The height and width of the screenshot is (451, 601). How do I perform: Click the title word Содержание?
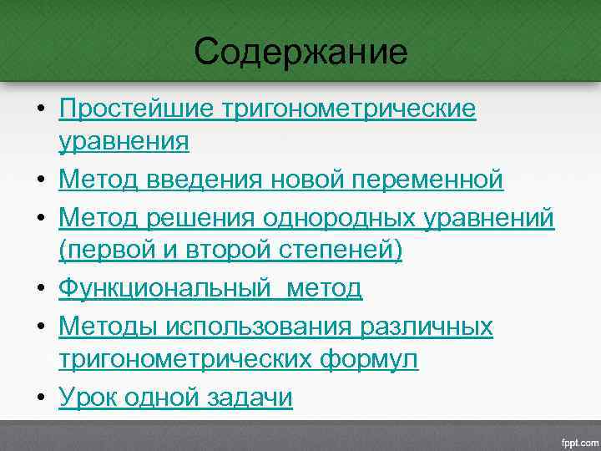click(300, 53)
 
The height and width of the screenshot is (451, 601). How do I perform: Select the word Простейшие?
click(135, 110)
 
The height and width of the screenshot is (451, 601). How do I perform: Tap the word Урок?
click(88, 397)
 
